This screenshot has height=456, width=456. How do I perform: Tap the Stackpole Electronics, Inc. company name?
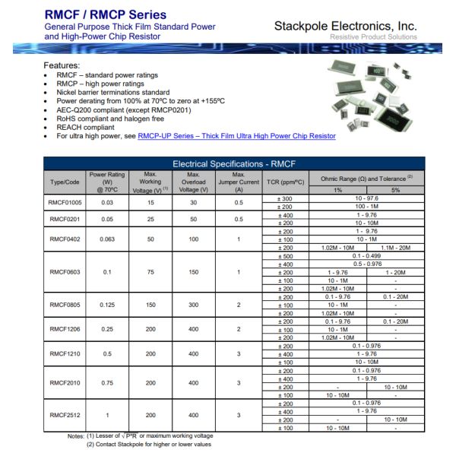pos(345,26)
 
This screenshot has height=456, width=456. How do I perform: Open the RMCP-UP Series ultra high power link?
pos(236,136)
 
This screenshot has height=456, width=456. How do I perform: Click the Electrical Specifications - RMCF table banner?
pos(233,163)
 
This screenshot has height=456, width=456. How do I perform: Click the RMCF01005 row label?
pos(65,203)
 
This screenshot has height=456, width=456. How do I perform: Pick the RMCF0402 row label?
pos(65,239)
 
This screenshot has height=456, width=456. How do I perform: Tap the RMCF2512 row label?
pos(65,415)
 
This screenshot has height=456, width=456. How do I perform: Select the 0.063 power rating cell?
pos(106,239)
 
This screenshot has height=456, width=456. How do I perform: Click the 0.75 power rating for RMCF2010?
pos(106,383)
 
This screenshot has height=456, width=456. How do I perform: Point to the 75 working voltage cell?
pos(150,271)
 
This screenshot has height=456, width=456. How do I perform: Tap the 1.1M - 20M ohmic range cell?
pos(395,248)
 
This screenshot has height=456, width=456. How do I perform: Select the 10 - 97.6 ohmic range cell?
pos(366,198)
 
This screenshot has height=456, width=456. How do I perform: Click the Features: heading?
pos(62,66)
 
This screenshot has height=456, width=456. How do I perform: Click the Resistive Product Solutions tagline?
pos(373,37)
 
